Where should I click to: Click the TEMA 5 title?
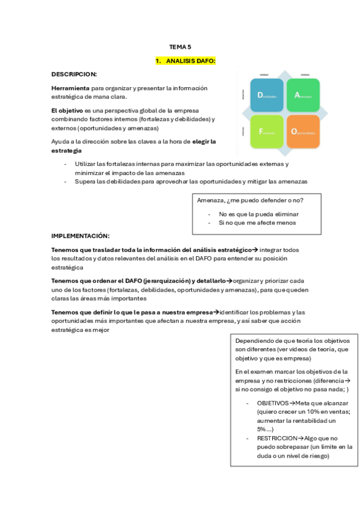coord(180,46)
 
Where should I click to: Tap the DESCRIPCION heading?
coord(74,74)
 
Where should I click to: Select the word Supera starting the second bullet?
coord(85,181)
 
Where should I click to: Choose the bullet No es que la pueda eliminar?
coord(258,214)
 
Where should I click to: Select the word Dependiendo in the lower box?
coord(257,341)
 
